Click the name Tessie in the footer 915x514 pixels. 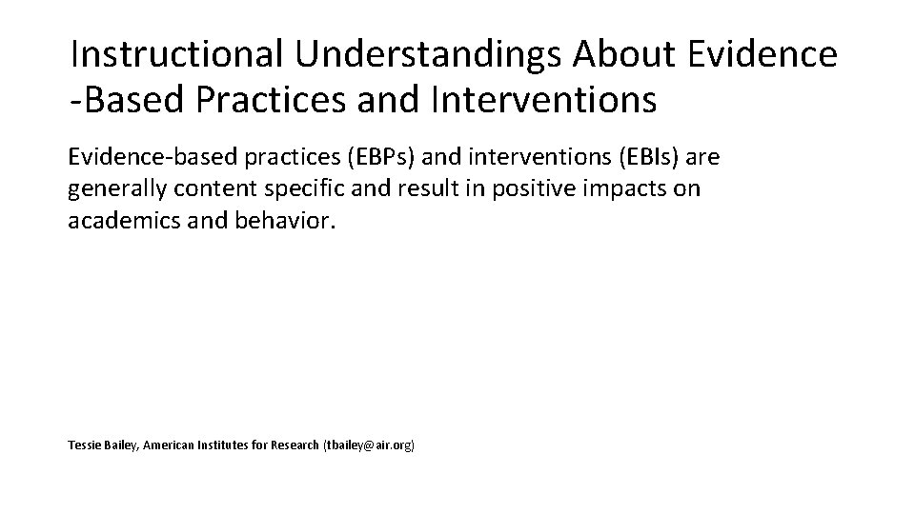click(84, 445)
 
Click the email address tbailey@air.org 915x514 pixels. click(370, 445)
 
